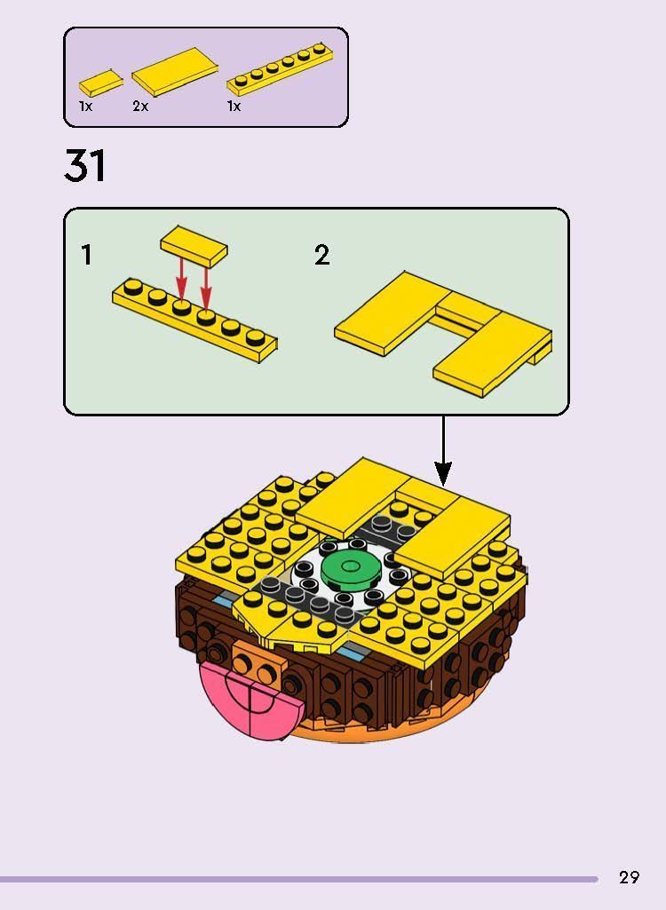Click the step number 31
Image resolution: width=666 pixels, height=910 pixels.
click(x=85, y=166)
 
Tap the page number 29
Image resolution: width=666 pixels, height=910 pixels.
click(x=629, y=877)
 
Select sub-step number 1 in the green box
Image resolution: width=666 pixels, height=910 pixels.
click(x=86, y=256)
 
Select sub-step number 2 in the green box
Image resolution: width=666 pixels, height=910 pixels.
click(x=321, y=256)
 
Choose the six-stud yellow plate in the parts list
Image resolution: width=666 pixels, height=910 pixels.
click(x=281, y=68)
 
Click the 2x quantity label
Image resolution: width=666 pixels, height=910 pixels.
click(x=140, y=107)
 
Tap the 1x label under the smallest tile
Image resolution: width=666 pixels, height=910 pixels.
click(x=85, y=107)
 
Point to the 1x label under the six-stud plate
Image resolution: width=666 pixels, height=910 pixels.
click(x=234, y=107)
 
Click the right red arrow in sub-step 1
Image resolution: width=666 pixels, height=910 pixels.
click(x=206, y=282)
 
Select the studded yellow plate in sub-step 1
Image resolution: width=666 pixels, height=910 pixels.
click(x=194, y=320)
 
